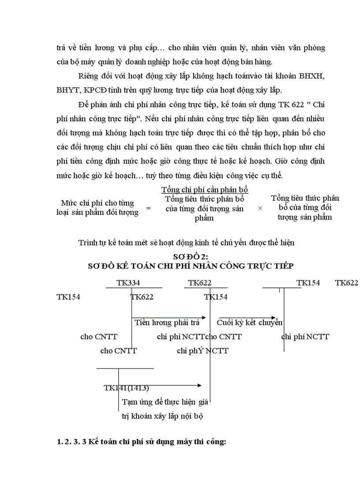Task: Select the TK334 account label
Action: (128, 283)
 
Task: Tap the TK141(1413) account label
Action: (126, 388)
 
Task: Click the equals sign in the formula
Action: (148, 208)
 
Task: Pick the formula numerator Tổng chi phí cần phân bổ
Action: (205, 190)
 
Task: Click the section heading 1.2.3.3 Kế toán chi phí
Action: (141, 442)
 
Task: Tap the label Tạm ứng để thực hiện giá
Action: (165, 402)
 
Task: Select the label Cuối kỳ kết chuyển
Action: (249, 323)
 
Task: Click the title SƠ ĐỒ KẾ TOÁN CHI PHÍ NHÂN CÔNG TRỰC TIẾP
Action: (191, 266)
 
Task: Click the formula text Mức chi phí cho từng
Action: (97, 203)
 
